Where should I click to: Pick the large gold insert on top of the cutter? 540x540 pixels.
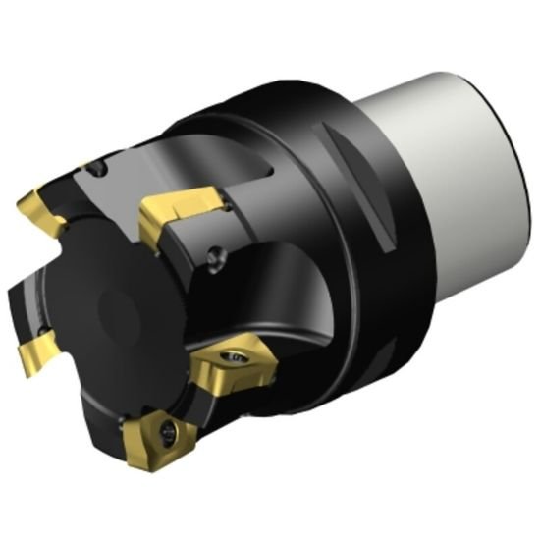[x=177, y=214]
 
